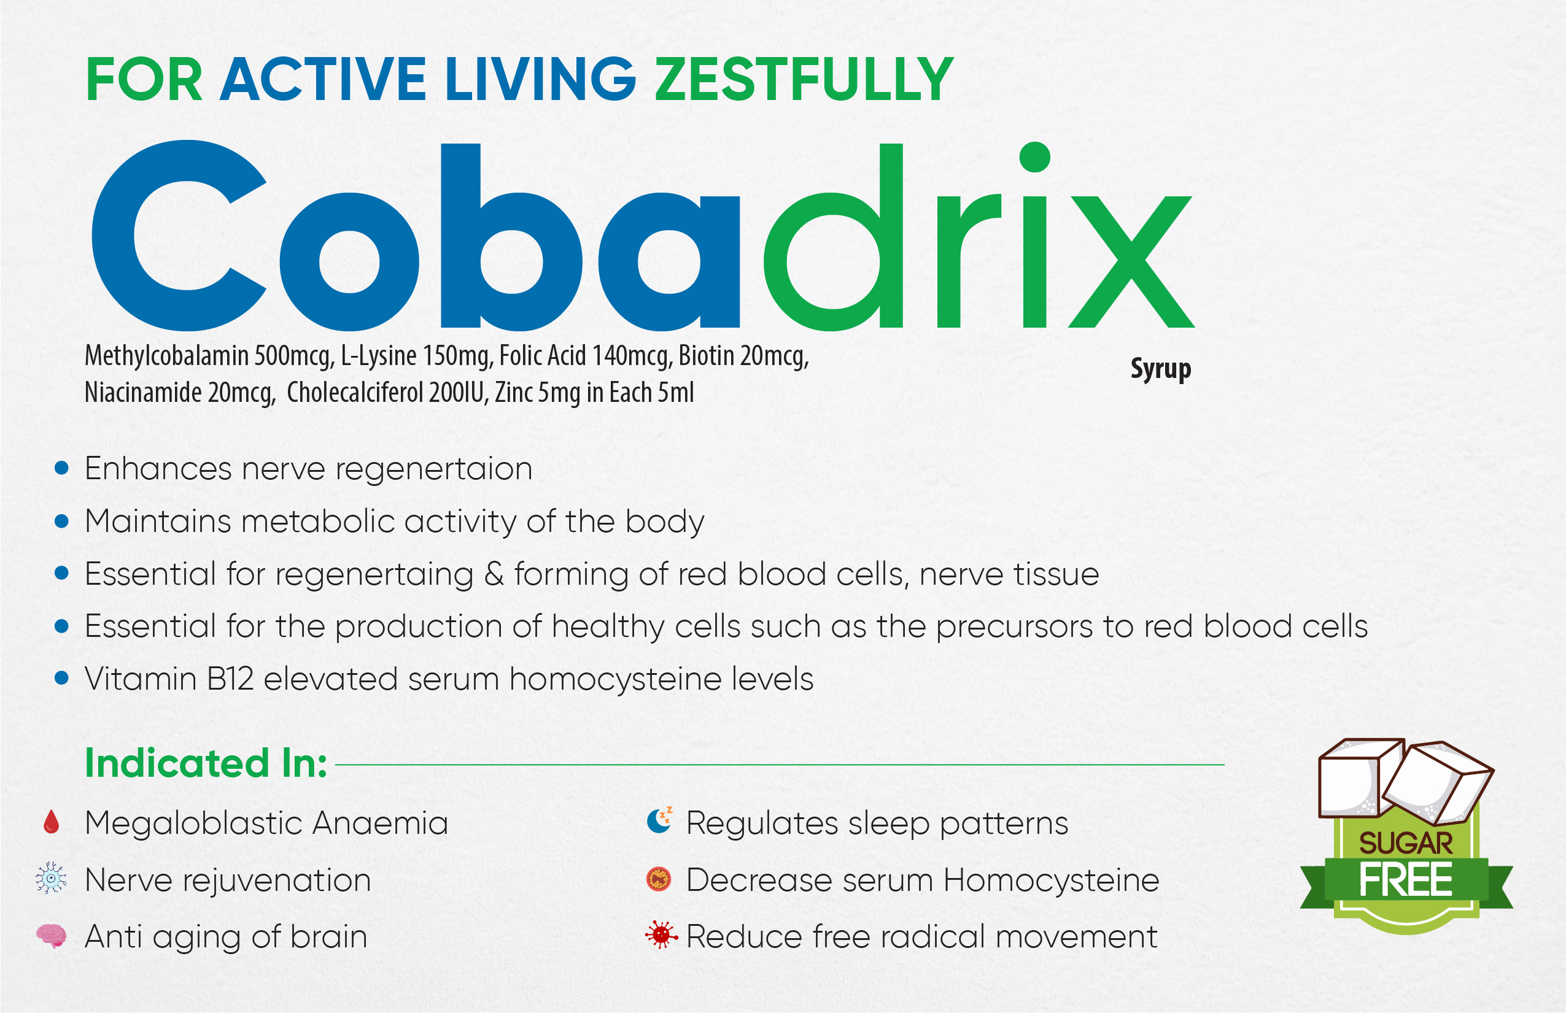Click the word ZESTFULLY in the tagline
[804, 79]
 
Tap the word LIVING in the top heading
[540, 79]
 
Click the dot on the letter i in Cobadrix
[1034, 156]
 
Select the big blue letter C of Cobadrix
[179, 235]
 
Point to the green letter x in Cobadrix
[1132, 261]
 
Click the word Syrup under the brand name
[1161, 369]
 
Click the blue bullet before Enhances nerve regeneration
[62, 468]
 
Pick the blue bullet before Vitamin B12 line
[62, 678]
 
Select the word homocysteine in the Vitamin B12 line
[615, 679]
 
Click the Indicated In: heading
[206, 763]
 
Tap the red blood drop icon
[52, 822]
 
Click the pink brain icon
[52, 935]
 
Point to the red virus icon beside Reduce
[661, 934]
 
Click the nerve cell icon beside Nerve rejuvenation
[52, 878]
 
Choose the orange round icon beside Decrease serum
[659, 879]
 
